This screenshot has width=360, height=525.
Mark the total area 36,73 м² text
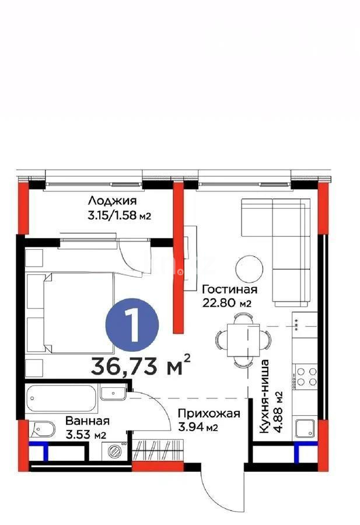[141, 366]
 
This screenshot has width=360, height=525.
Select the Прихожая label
[208, 414]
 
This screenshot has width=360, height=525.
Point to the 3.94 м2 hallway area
[198, 428]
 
